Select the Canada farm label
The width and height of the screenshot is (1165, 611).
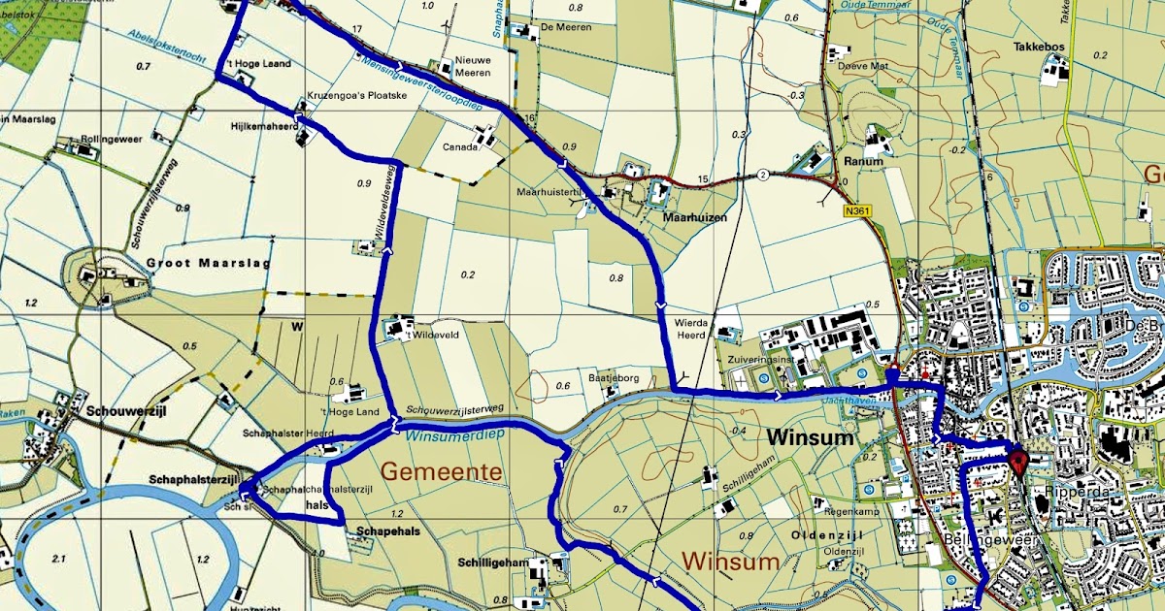[460, 147]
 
